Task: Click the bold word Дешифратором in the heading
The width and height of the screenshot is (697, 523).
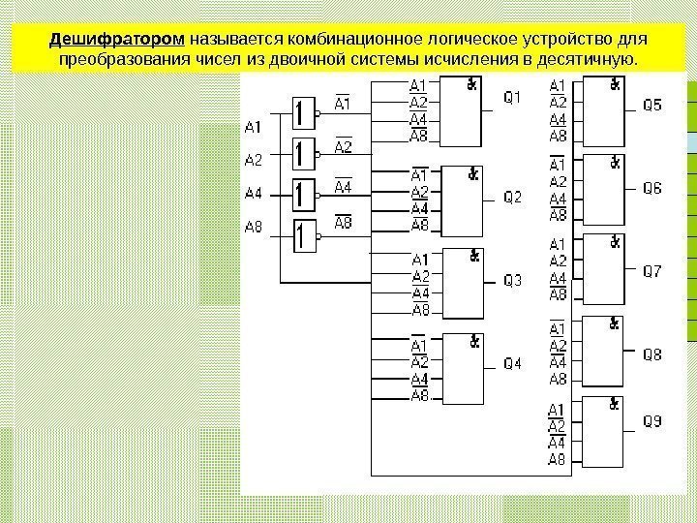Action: point(117,41)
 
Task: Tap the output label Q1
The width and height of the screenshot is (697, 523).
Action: point(513,97)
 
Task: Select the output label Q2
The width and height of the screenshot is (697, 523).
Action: point(513,197)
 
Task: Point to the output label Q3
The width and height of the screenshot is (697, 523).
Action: point(513,281)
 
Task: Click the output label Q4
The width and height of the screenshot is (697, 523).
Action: point(513,364)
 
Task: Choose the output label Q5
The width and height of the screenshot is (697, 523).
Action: point(653,105)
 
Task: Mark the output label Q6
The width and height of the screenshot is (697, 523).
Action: point(653,188)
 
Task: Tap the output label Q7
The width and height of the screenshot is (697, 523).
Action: point(653,272)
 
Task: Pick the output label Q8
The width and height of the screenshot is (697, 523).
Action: point(653,355)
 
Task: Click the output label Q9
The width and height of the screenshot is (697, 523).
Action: point(653,422)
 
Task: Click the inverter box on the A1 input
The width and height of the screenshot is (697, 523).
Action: point(305,113)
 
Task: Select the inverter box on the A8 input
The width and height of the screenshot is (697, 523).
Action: point(305,235)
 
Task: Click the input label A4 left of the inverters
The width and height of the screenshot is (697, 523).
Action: point(254,194)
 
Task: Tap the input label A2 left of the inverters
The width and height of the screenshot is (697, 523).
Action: point(254,160)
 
